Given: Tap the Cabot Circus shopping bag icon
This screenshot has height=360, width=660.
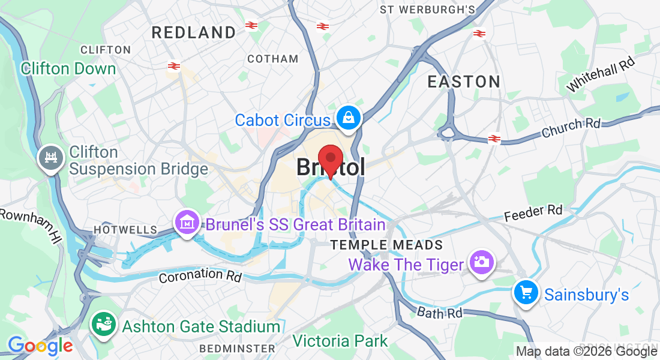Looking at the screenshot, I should pyautogui.click(x=348, y=118).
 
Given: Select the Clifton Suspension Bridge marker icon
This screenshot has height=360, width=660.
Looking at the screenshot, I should pyautogui.click(x=50, y=158).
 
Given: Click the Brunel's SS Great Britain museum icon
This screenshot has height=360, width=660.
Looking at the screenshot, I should pyautogui.click(x=188, y=223).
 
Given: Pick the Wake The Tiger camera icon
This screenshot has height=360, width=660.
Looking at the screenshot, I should pyautogui.click(x=481, y=263).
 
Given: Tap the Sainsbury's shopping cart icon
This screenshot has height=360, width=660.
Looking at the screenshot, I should pyautogui.click(x=526, y=293).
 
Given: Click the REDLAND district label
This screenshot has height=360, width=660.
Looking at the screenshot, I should pyautogui.click(x=194, y=32).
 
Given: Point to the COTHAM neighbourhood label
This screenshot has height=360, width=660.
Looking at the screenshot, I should pyautogui.click(x=272, y=59).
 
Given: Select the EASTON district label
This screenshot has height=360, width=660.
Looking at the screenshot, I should pyautogui.click(x=464, y=82).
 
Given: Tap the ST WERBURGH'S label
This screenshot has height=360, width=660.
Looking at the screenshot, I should pyautogui.click(x=427, y=10).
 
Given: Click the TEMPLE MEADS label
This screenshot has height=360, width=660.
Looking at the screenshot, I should pyautogui.click(x=387, y=245).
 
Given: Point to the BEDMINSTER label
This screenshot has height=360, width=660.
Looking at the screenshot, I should pyautogui.click(x=237, y=348).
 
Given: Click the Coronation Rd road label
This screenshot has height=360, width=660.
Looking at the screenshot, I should pyautogui.click(x=200, y=275).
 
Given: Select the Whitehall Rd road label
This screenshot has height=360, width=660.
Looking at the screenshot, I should pyautogui.click(x=600, y=74).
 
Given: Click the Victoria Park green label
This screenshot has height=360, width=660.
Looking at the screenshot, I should pyautogui.click(x=340, y=341).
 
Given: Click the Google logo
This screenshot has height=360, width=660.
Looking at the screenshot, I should pyautogui.click(x=40, y=346).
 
